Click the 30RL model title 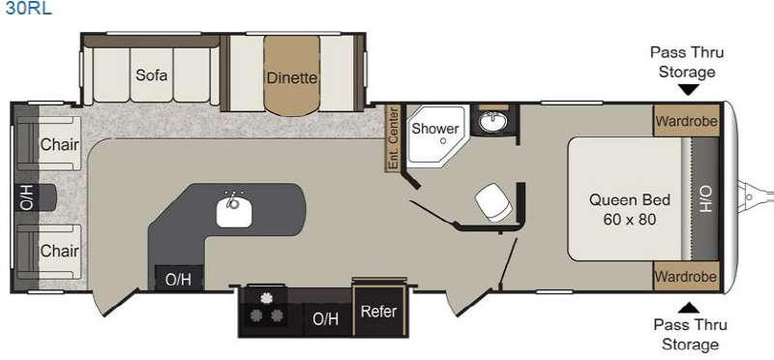[28, 8]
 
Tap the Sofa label [152, 75]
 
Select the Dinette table [292, 75]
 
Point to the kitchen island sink [234, 210]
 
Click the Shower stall [436, 134]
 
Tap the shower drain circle [443, 140]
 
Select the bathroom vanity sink [492, 121]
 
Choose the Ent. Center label [393, 138]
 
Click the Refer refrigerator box [378, 311]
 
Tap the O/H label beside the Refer [326, 319]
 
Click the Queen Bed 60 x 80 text [630, 209]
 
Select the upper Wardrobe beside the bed [687, 121]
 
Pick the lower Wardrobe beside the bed [687, 276]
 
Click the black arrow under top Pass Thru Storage [689, 89]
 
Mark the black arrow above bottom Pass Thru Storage [690, 308]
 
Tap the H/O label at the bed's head [704, 198]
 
